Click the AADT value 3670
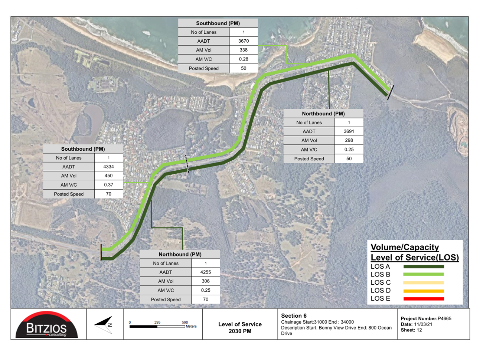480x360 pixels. coord(244,41)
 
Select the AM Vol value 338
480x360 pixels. coord(244,50)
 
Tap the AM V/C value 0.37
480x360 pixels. coord(108,185)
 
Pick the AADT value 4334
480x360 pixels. coord(108,167)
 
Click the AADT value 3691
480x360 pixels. coord(349,131)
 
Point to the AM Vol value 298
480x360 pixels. coord(349,140)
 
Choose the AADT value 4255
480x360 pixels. coord(206,272)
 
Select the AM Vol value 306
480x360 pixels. coord(206,281)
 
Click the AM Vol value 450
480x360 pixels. coord(108,176)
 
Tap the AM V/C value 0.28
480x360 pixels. coord(244,59)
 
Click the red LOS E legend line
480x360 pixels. coord(424,299)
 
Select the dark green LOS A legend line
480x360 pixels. coord(424,267)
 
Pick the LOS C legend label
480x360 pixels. coord(381,282)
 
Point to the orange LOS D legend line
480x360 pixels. coord(424,291)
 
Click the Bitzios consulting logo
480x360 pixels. coord(46,325)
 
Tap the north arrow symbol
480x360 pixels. coord(104,325)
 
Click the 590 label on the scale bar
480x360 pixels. coord(185,322)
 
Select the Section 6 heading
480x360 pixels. coord(294,315)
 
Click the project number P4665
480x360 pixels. coord(444,318)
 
